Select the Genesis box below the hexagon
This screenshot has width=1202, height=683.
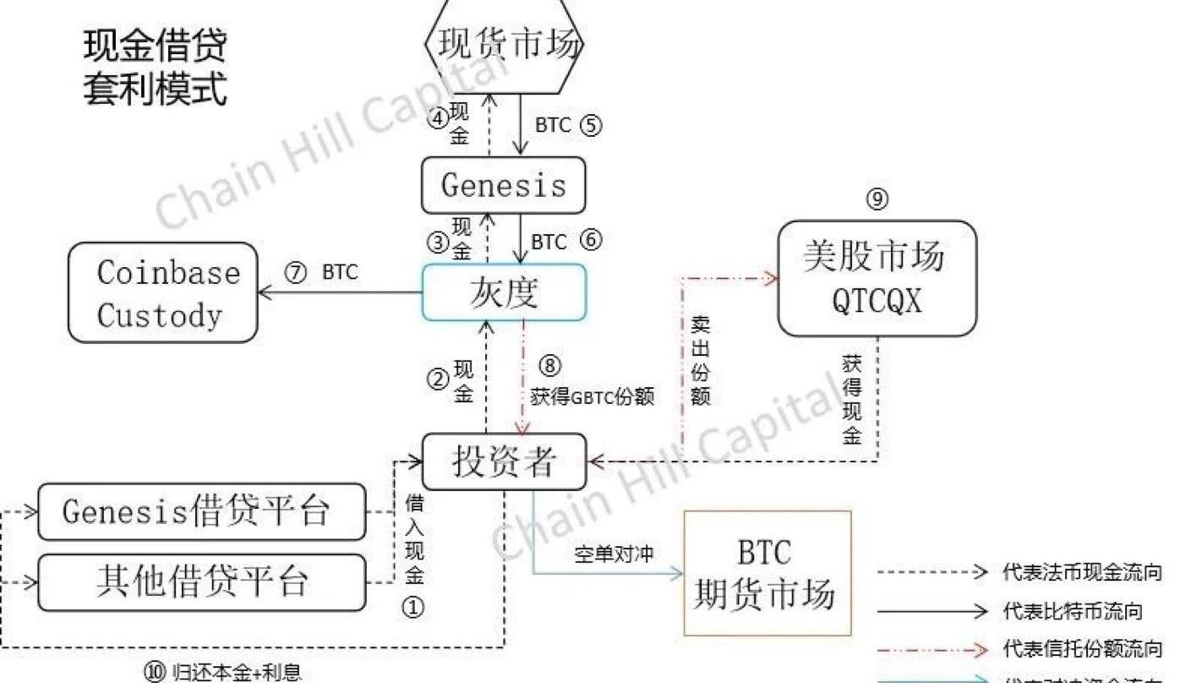click(504, 185)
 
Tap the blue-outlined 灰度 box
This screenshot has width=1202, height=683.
click(504, 292)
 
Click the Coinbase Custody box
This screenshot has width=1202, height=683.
click(163, 292)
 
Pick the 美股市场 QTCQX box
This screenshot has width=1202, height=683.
click(877, 278)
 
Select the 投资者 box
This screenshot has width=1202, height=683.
click(505, 462)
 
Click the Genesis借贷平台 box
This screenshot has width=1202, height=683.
click(202, 511)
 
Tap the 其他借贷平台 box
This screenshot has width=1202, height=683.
click(202, 582)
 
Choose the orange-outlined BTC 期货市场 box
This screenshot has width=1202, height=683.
click(767, 573)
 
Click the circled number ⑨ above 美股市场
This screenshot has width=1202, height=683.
click(877, 199)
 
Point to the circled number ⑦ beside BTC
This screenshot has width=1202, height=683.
click(296, 273)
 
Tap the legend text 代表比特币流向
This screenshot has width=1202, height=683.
click(1072, 610)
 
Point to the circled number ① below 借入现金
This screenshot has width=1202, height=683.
click(413, 607)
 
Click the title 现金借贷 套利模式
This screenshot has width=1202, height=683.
click(156, 68)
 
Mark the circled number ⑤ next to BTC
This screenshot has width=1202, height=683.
click(591, 125)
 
